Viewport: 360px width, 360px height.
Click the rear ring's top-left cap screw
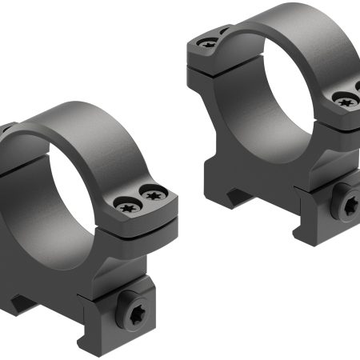[x=210, y=44]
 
